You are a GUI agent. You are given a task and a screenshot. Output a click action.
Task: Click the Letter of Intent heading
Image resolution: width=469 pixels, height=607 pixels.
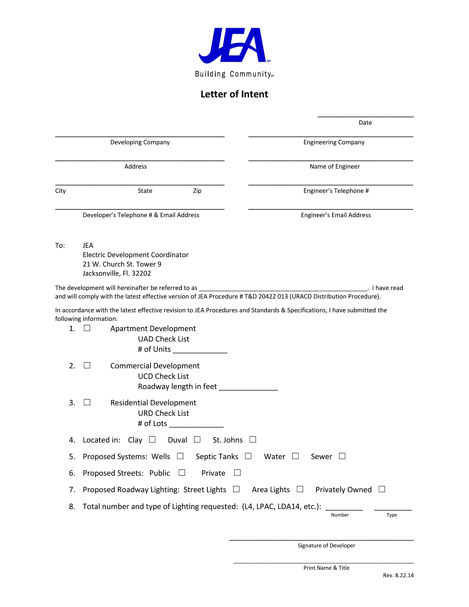point(234,94)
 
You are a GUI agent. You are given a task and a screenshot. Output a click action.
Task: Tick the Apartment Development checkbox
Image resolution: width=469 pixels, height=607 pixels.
point(87,328)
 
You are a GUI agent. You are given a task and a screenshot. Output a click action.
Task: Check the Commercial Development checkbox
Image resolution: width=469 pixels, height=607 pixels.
point(87,365)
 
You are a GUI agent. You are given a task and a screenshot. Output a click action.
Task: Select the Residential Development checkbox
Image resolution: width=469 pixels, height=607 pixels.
point(87,402)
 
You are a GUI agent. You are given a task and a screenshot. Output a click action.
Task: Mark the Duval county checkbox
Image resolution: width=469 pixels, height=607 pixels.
point(197,440)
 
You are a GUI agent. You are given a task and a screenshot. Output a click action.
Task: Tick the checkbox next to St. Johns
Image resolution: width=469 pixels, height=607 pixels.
point(252,440)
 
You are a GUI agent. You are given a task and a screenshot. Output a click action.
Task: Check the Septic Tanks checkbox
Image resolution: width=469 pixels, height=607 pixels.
point(248,456)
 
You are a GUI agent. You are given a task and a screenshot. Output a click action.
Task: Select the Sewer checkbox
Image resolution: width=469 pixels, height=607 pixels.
point(342,456)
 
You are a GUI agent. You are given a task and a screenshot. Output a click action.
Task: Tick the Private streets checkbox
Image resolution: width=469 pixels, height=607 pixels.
point(237,472)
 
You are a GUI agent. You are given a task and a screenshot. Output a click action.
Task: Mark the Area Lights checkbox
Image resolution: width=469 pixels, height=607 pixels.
point(300,489)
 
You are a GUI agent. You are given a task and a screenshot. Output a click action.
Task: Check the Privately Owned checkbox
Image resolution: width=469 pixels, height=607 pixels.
point(382,489)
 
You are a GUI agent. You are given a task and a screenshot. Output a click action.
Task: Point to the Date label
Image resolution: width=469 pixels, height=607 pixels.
point(365,123)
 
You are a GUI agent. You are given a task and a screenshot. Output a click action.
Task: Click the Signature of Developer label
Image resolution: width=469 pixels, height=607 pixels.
point(326,545)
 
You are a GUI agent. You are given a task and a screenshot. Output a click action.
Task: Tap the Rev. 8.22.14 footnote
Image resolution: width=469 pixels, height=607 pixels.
point(398,575)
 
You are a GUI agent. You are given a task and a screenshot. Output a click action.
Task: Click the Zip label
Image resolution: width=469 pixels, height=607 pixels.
point(197,191)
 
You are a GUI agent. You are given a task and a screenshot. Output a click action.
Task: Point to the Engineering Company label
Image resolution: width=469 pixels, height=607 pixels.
point(334,142)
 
